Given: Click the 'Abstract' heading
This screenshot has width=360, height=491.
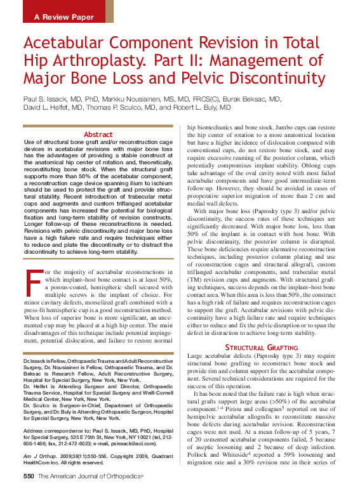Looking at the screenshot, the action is (x=98, y=134).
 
